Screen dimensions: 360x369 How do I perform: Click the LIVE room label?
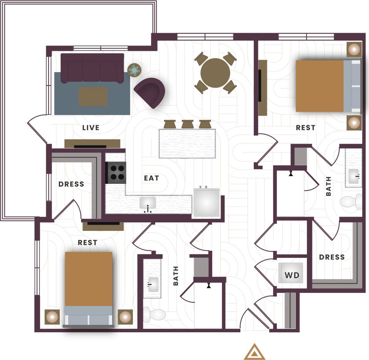point(91,128)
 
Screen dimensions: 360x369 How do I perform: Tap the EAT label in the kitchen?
point(151,178)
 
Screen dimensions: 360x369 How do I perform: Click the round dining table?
point(215,73)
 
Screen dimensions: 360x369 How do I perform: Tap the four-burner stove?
point(116,172)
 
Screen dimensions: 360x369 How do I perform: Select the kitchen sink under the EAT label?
point(148,203)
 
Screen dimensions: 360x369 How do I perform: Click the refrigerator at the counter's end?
point(206,202)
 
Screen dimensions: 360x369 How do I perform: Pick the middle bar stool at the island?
point(188,124)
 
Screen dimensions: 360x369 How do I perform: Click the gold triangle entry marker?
point(255,352)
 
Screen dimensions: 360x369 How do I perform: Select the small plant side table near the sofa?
point(134,70)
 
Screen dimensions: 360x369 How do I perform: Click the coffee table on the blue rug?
point(93,96)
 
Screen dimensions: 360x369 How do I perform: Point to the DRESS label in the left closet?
point(71,184)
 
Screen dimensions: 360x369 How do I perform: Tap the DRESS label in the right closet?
point(332,257)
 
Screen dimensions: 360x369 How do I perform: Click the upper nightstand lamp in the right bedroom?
point(354,49)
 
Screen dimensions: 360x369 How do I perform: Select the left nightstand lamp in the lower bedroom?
point(52,317)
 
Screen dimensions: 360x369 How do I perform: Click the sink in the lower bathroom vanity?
point(153,284)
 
